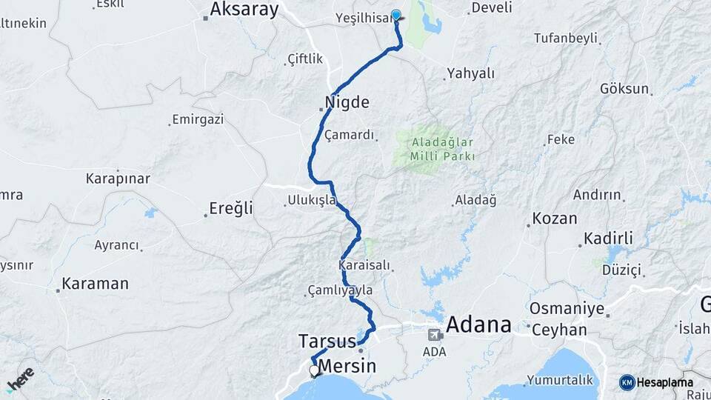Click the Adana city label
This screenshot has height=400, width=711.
[479, 324]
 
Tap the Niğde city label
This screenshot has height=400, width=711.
[347, 102]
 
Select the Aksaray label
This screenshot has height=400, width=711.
[244, 10]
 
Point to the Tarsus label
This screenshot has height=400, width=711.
[327, 341]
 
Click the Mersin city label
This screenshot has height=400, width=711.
[347, 366]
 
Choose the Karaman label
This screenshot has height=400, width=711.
[95, 284]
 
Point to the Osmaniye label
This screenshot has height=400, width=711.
[567, 308]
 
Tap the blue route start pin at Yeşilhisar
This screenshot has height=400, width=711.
[396, 15]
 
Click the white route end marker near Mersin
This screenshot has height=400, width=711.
[315, 370]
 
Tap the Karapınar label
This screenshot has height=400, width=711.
[118, 179]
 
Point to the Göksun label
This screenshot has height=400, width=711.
[624, 89]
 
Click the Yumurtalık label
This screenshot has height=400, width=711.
[560, 380]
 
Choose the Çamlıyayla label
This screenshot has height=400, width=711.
[341, 290]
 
